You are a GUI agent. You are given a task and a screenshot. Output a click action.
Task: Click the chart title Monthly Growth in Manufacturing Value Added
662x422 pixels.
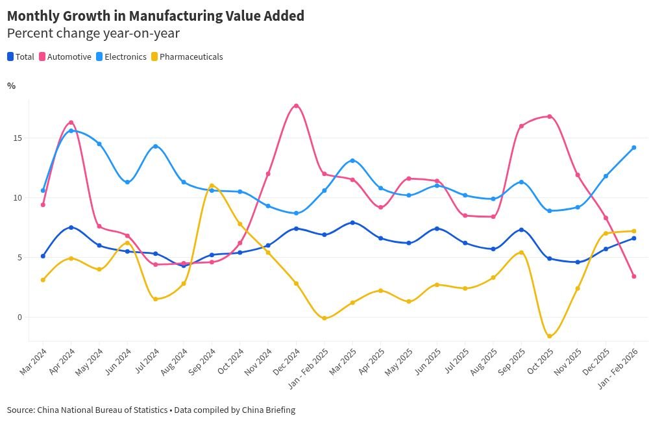(156, 16)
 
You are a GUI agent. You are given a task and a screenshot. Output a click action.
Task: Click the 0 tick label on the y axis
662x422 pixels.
(19, 317)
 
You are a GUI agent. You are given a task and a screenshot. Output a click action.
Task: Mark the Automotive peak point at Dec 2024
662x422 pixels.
(296, 106)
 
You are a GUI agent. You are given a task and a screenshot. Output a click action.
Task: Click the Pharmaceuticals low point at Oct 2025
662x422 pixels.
(549, 336)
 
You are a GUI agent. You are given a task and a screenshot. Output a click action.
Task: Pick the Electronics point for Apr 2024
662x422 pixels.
(71, 130)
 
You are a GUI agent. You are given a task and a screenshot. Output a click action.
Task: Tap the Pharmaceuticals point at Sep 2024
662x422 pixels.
(212, 186)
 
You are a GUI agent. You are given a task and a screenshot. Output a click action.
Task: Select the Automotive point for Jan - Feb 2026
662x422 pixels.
(633, 277)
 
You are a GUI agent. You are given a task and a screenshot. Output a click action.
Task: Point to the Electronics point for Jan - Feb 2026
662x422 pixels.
(633, 147)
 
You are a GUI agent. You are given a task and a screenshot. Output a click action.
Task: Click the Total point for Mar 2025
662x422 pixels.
(352, 223)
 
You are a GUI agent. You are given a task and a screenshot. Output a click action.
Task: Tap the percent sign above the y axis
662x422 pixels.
(11, 86)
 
